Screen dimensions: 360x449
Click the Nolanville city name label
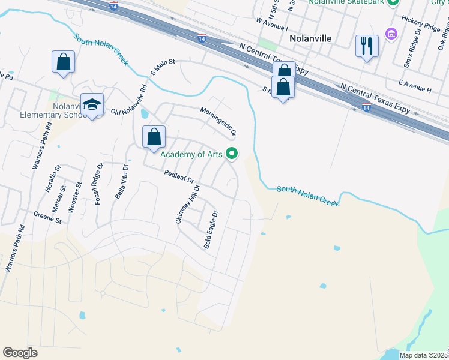coord(310,38)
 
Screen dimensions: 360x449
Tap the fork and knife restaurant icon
coord(367,46)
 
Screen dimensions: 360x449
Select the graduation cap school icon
coord(92,104)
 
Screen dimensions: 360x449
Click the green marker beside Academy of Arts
coord(232,154)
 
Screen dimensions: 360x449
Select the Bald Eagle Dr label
coord(211,230)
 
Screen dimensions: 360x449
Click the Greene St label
coord(48,217)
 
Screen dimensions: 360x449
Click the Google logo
coord(20,353)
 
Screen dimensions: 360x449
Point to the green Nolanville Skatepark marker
coord(393,2)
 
